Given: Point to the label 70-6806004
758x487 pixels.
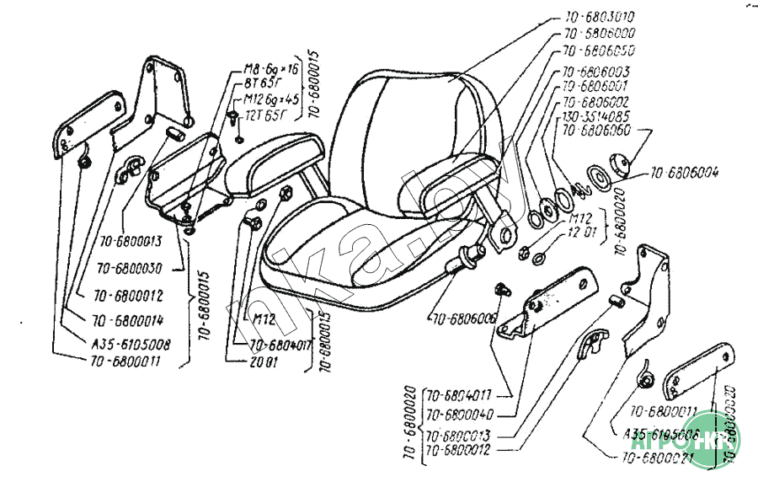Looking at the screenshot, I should click(684, 174).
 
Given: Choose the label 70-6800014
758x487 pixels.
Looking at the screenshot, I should click(128, 320).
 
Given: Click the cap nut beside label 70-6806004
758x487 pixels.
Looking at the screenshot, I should click(623, 164).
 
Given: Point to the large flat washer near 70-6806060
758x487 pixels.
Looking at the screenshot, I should click(601, 179).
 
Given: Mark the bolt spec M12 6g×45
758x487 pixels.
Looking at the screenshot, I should click(269, 99).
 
